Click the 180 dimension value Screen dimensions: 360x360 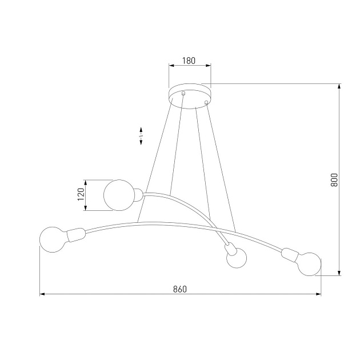tap(190, 61)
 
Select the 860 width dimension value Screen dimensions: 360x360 tap(179, 289)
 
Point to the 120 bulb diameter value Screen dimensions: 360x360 tap(81, 194)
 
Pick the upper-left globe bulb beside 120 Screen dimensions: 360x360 tap(118, 194)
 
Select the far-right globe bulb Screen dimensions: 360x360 tap(308, 264)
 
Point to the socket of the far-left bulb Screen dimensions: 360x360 tap(75, 233)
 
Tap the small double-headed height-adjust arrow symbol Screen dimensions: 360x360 tap(141, 136)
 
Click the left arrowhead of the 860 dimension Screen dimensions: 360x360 tap(42, 295)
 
